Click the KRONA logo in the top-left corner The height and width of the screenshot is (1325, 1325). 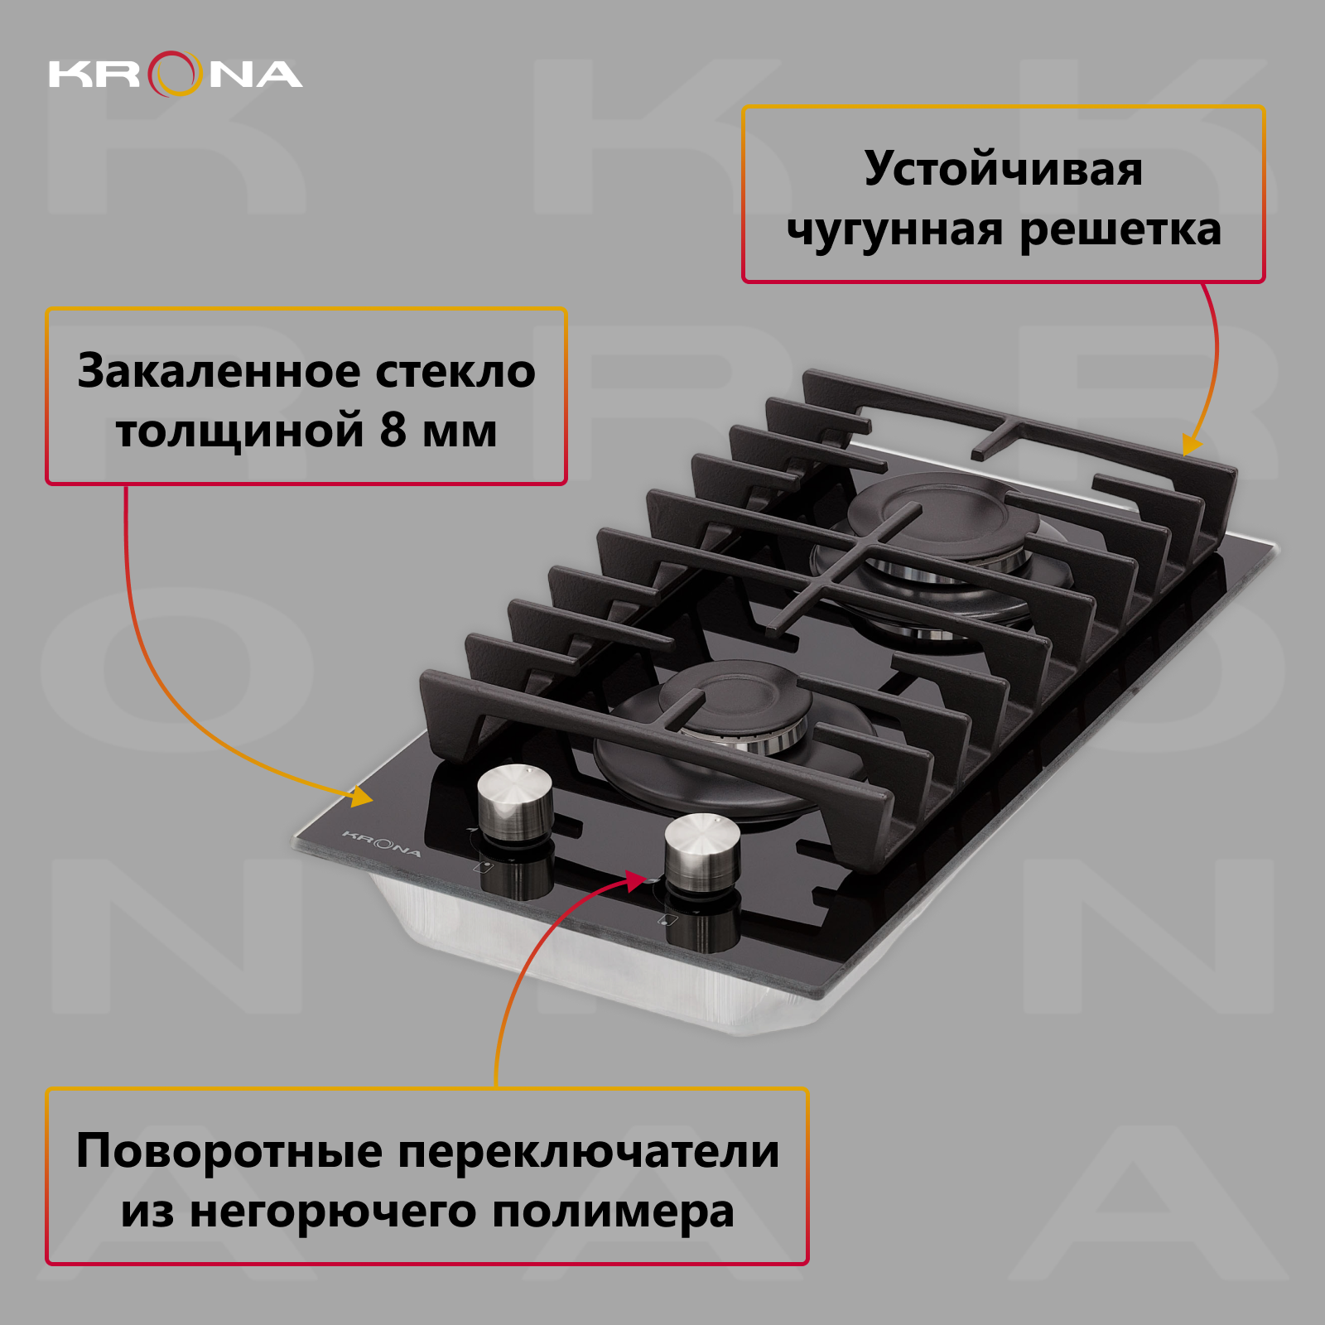pyautogui.click(x=176, y=74)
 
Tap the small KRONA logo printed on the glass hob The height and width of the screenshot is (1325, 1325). pyautogui.click(x=382, y=843)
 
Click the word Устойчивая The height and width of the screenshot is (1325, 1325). pyautogui.click(x=1004, y=170)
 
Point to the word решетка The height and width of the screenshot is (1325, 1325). pyautogui.click(x=1120, y=230)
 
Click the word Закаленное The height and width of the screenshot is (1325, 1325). pyautogui.click(x=219, y=371)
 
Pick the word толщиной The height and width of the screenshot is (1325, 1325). pyautogui.click(x=240, y=431)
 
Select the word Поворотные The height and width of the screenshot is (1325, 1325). pyautogui.click(x=229, y=1152)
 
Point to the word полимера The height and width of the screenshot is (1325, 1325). pyautogui.click(x=614, y=1213)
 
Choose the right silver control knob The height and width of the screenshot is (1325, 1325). pyautogui.click(x=702, y=851)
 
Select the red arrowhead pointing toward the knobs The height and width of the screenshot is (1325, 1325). pyautogui.click(x=636, y=881)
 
